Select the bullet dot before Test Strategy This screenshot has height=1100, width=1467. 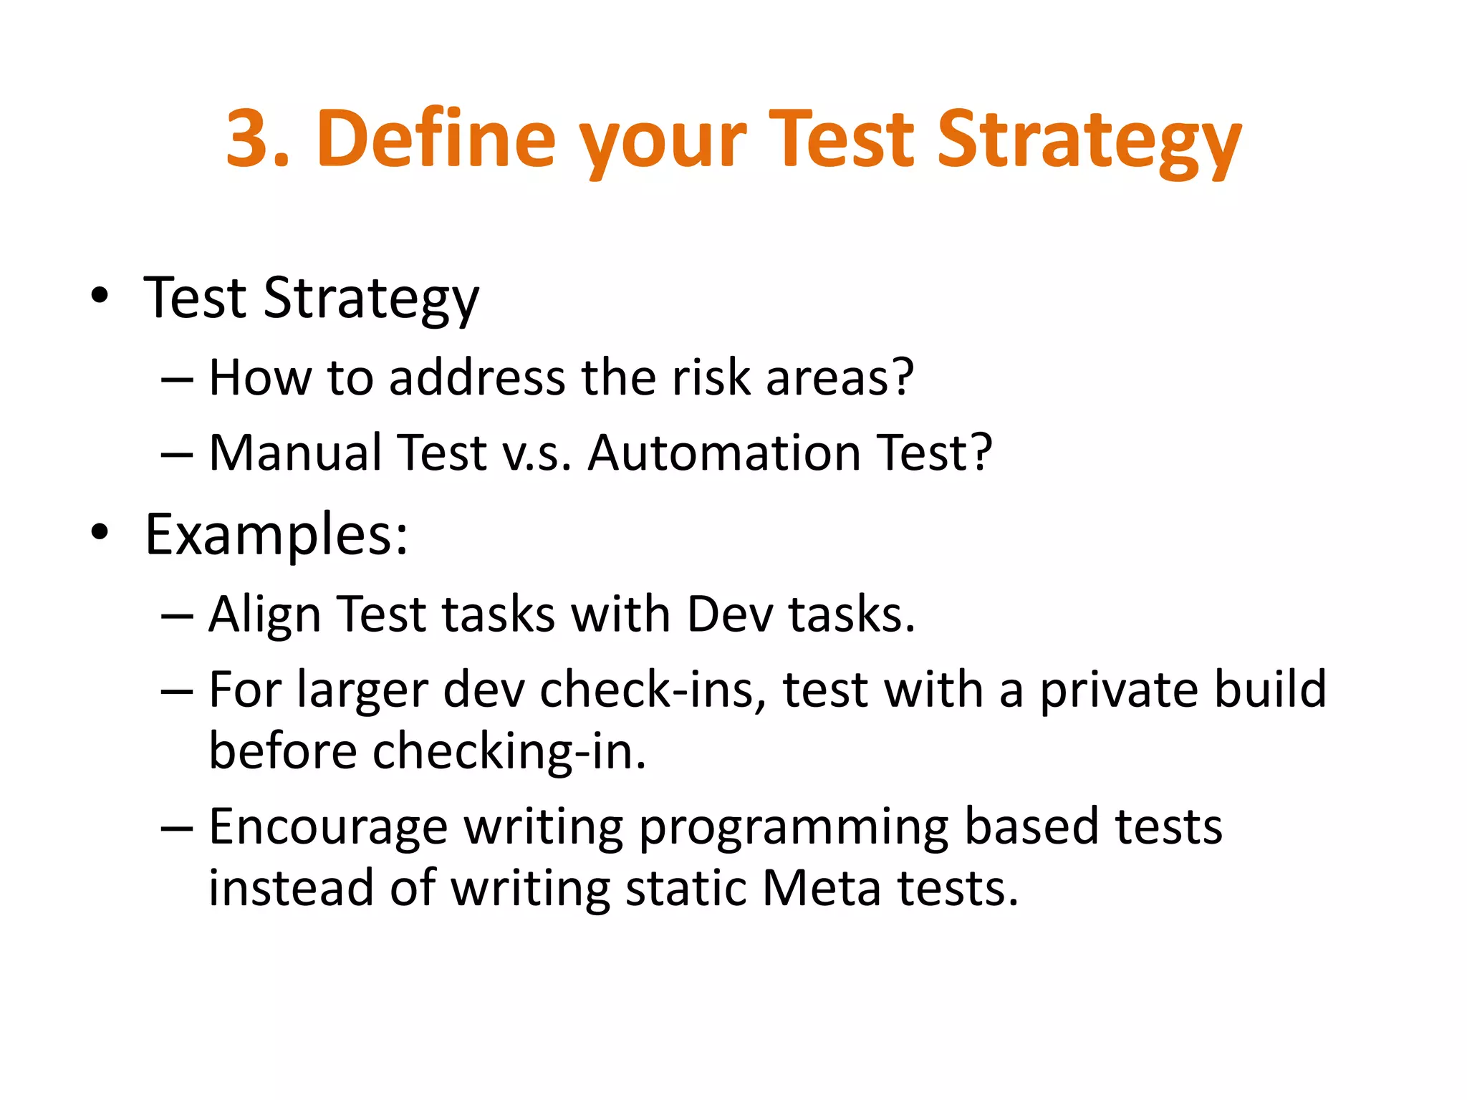tap(100, 296)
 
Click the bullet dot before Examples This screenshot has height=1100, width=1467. tap(100, 533)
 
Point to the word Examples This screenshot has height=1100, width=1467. tap(276, 536)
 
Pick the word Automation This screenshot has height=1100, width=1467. tap(723, 453)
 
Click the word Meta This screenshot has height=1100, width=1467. tap(821, 888)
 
